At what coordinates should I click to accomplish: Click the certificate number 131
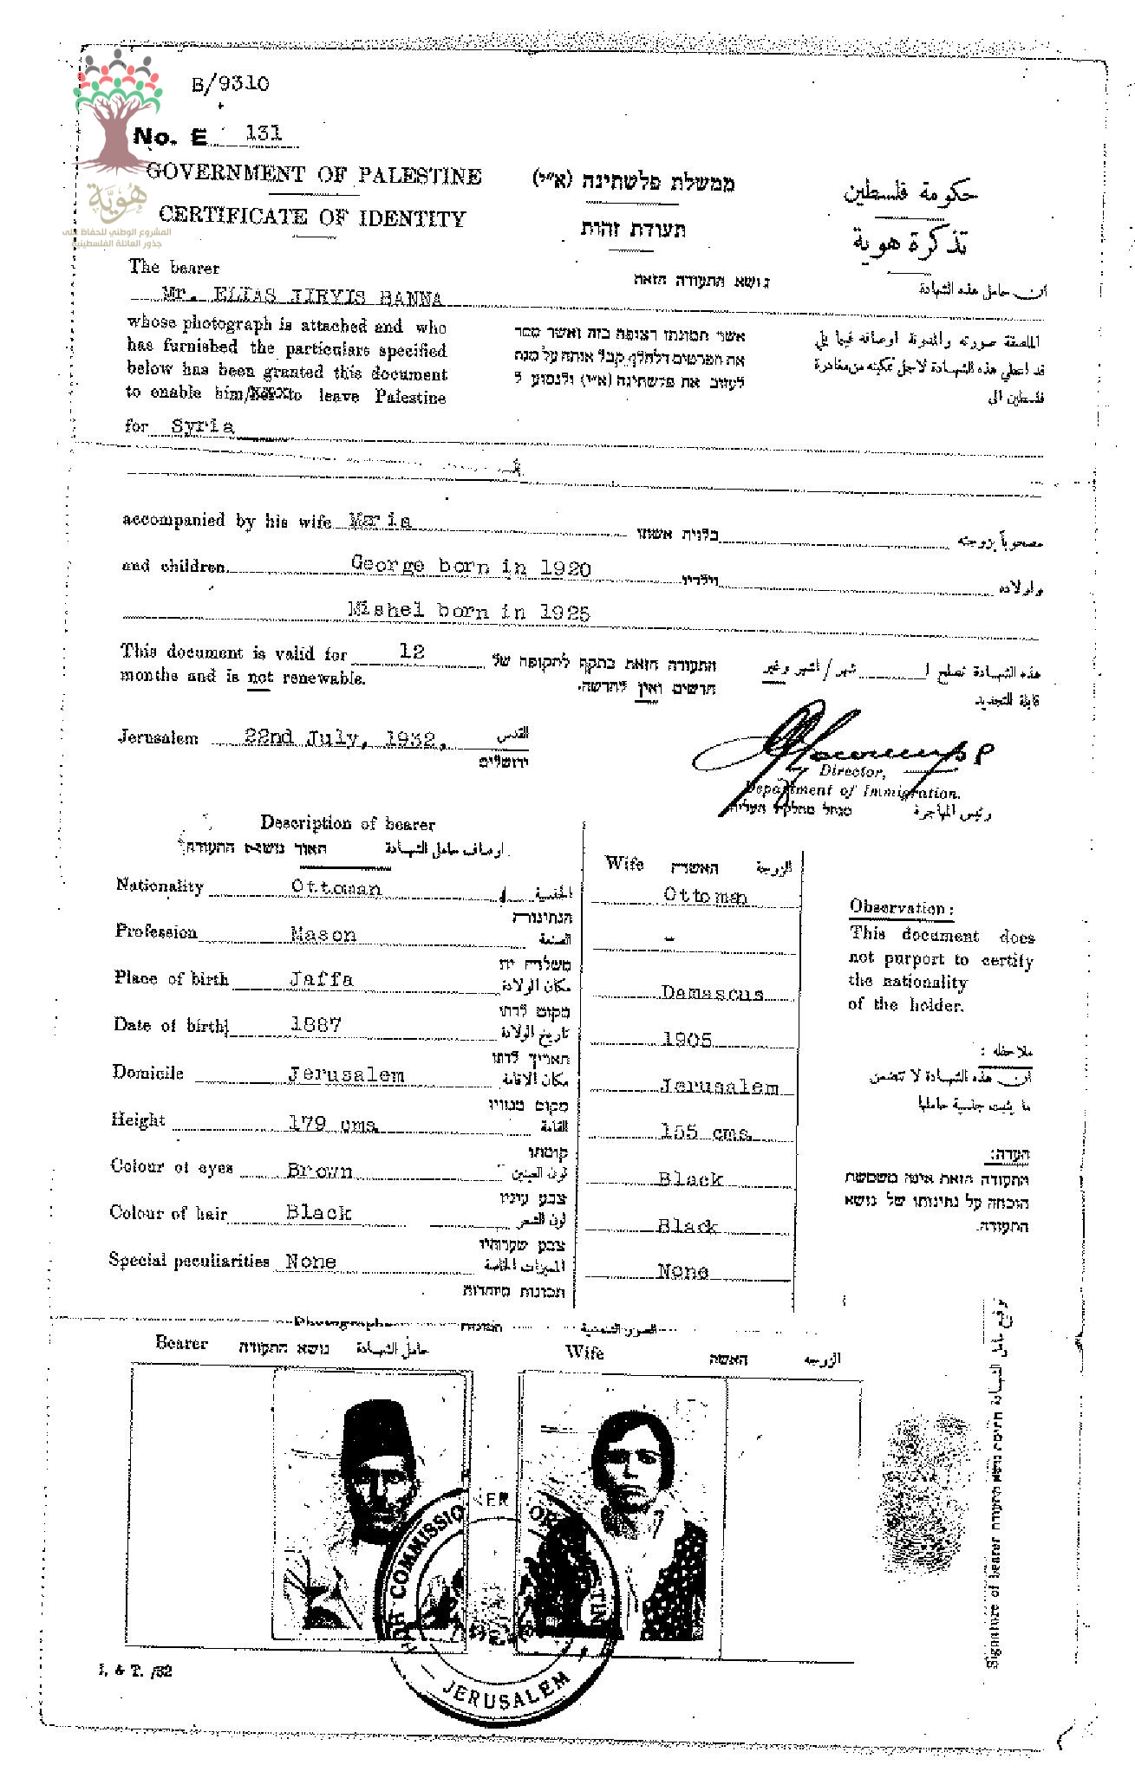264,133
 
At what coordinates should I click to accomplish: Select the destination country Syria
202,426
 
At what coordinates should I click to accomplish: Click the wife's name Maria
379,521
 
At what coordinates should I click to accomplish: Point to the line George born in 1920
470,568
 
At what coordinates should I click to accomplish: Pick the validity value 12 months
413,652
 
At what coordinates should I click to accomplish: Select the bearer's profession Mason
323,935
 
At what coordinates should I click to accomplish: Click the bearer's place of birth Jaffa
321,980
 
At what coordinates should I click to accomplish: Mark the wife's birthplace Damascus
712,994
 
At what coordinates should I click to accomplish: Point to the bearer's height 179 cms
332,1124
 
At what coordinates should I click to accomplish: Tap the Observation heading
901,908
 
